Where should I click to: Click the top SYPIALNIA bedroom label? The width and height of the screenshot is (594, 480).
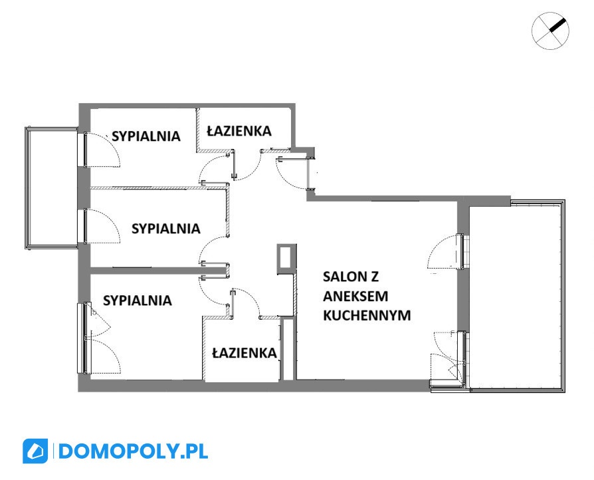(x=146, y=136)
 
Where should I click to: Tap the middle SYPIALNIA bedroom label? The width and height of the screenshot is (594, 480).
(x=166, y=229)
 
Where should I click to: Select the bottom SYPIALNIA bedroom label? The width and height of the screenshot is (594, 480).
(x=138, y=300)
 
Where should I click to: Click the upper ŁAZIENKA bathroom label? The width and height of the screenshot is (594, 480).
(x=239, y=131)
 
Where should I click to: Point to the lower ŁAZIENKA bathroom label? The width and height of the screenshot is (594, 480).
(x=245, y=353)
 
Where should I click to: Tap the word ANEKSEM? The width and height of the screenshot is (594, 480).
(x=355, y=296)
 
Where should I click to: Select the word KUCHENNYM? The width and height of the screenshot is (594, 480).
(x=367, y=315)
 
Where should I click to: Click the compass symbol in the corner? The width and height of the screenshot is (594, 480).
(x=550, y=31)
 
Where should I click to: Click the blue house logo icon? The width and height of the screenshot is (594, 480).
(x=35, y=451)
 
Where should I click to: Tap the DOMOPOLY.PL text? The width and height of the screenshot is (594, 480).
(x=133, y=451)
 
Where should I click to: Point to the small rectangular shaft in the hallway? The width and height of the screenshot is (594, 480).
(x=286, y=258)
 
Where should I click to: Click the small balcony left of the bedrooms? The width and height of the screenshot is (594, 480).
(x=51, y=188)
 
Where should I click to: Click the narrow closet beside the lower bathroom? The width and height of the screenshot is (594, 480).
(x=288, y=349)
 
